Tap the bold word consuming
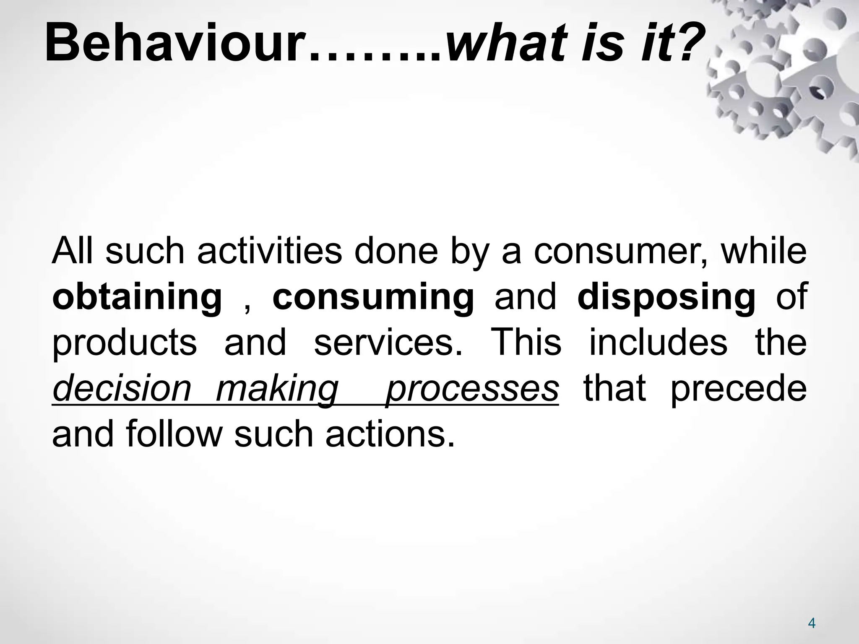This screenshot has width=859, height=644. click(373, 298)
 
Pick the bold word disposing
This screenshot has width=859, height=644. click(666, 298)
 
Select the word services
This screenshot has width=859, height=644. click(388, 343)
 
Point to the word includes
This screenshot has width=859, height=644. click(658, 343)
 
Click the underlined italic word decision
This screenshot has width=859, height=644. click(122, 389)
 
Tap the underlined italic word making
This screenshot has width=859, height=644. click(277, 389)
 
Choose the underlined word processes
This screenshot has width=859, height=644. click(472, 389)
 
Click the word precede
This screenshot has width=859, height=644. click(739, 389)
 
